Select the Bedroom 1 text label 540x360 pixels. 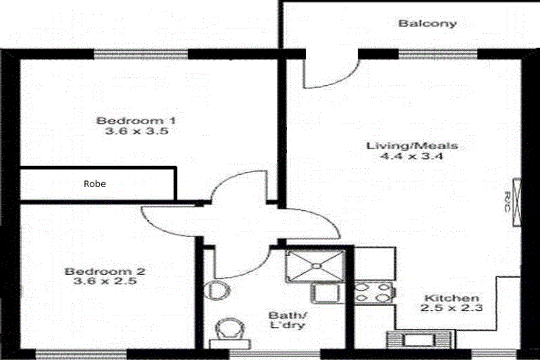coord(136,121)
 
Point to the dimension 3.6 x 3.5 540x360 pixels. coord(136,132)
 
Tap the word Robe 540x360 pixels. coord(94,183)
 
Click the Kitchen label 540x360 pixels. coord(452,298)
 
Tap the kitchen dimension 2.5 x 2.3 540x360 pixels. coord(452,309)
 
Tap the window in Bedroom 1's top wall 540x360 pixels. coord(140,54)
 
